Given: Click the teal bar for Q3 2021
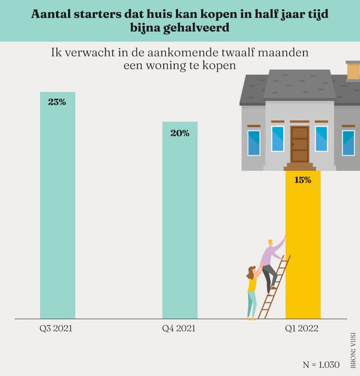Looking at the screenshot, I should point(58,210).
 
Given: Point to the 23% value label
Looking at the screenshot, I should point(57,102).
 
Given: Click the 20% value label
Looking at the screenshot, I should point(179,133).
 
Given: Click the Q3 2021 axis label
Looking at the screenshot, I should point(57,329).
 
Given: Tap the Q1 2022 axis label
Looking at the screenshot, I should point(302,329).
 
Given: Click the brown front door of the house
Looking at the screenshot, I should point(299,144).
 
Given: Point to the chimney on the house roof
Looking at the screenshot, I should point(353,70).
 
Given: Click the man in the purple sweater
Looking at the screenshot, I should point(272,261).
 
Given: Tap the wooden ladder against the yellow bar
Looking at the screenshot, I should point(277,288).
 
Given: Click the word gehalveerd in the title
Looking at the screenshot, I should point(183,29).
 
